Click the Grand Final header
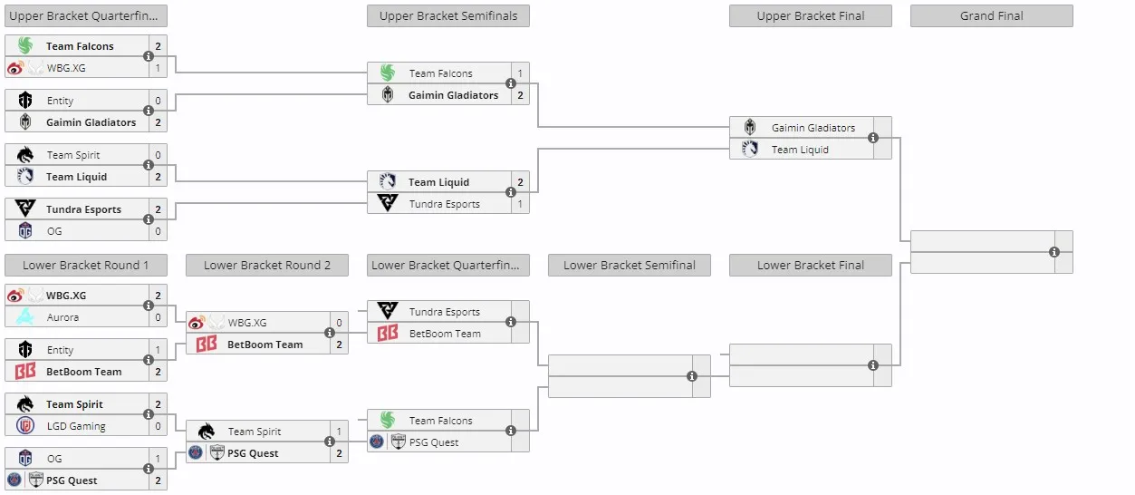pos(991,15)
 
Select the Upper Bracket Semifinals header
pos(447,15)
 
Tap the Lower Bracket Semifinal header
pos(630,266)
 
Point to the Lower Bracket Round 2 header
pos(267,266)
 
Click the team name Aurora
pos(63,317)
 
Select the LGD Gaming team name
pos(76,426)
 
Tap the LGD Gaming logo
pos(24,425)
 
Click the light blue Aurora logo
pos(24,317)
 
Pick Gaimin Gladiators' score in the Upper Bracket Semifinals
pos(520,95)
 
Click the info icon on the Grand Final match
pos(1054,252)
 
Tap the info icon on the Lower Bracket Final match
pos(873,365)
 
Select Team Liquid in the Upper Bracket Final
pos(800,150)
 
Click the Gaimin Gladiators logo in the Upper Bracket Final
pos(750,127)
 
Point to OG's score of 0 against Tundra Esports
pos(159,231)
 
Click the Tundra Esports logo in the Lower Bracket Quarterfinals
pos(388,310)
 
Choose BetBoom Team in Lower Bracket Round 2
pos(265,345)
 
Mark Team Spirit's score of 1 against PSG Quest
pos(339,432)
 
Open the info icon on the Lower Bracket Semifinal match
pos(692,376)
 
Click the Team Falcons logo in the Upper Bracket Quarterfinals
pos(24,45)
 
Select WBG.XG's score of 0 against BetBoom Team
pos(339,323)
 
